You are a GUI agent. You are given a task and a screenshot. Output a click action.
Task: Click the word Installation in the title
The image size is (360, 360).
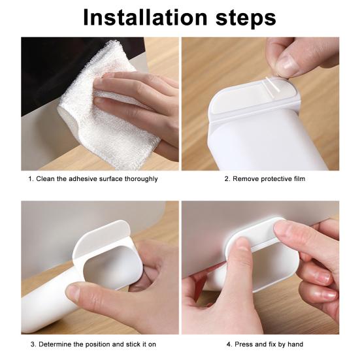click(145, 18)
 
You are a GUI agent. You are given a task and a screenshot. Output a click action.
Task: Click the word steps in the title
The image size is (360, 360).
click(246, 18)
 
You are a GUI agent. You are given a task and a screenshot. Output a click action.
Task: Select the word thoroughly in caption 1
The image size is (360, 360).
click(141, 179)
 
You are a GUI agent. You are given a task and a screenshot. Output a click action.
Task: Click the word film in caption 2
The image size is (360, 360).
click(299, 178)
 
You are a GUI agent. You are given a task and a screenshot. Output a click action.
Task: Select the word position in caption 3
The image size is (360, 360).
click(98, 344)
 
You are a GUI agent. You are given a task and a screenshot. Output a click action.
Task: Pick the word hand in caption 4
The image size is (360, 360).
click(295, 344)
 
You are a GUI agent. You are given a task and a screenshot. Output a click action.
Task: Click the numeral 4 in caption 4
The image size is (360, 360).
click(229, 344)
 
